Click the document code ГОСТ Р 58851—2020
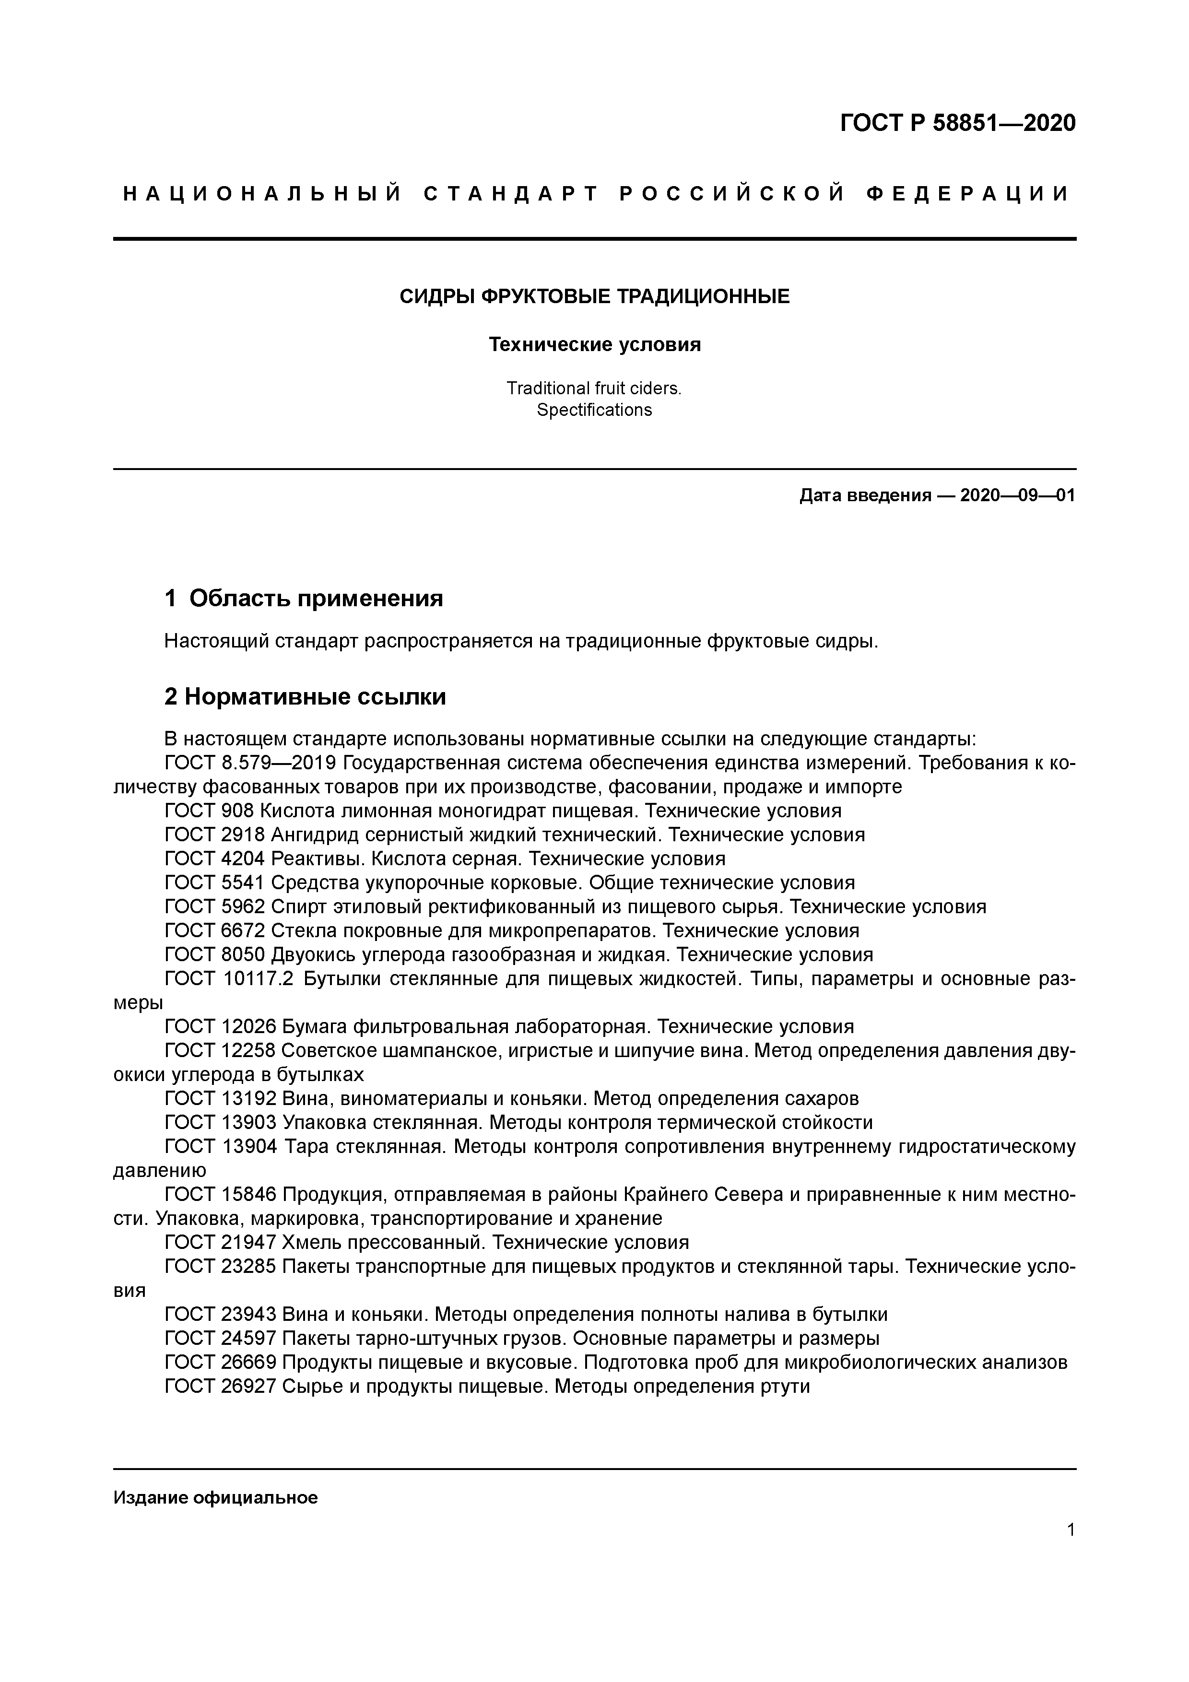957,123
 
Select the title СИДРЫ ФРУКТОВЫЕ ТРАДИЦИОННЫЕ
594,297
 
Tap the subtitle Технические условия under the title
594,344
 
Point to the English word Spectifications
594,410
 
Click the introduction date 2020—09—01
1017,495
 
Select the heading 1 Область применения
304,599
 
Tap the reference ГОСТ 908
209,811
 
